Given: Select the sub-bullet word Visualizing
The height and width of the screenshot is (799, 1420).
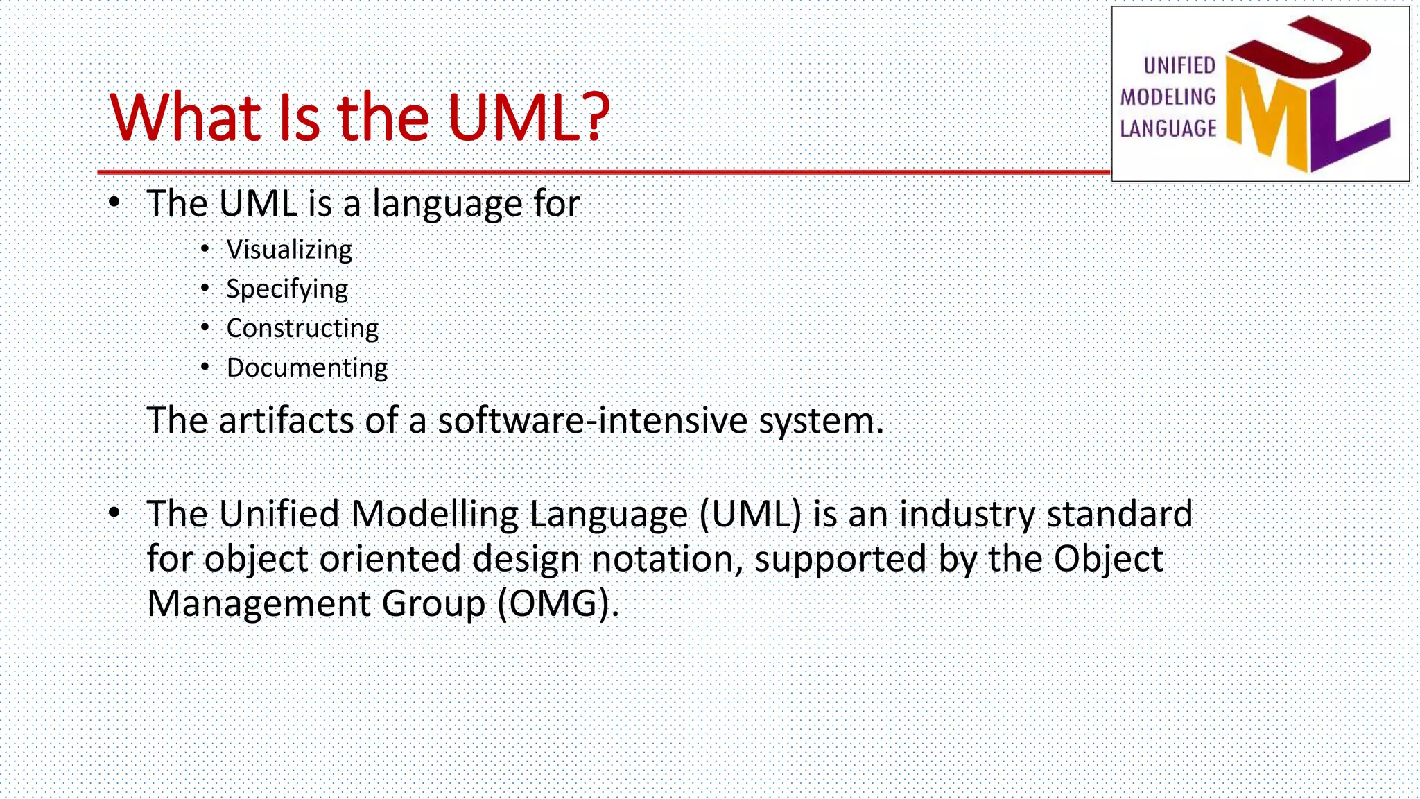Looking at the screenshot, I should [x=289, y=250].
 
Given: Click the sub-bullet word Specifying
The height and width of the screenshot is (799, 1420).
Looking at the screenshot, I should [x=287, y=289].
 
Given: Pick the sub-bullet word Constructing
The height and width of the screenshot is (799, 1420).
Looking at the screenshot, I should [x=302, y=328].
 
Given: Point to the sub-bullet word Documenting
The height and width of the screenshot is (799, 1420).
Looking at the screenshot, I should [x=307, y=368].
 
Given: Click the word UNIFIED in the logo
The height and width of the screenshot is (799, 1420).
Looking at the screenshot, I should [x=1179, y=65].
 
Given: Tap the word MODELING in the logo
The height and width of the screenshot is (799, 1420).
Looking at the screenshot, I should [x=1168, y=97].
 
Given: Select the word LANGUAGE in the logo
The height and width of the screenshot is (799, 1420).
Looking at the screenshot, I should [x=1168, y=128].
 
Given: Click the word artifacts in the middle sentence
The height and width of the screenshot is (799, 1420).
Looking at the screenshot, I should [x=286, y=420].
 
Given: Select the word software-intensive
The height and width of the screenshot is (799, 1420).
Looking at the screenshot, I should [x=592, y=420].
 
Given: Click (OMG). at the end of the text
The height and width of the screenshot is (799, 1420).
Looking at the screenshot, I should [x=557, y=603].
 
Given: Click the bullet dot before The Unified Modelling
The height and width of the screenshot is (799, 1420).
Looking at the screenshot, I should [x=114, y=513].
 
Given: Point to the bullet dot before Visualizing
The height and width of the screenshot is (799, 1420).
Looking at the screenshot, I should [x=205, y=248].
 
